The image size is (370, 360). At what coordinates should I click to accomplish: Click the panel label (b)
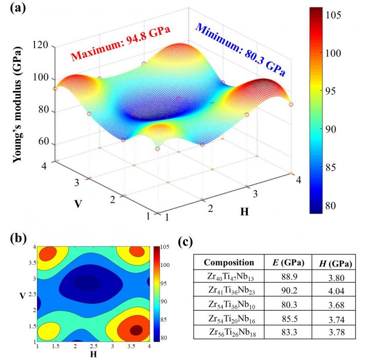click(14, 240)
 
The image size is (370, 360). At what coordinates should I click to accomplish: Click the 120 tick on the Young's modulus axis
click(41, 46)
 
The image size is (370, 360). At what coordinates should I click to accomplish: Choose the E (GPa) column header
click(284, 262)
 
